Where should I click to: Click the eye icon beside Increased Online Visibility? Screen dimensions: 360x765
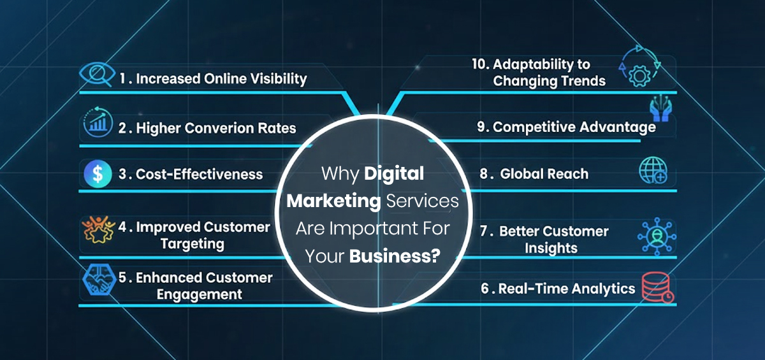pos(97,77)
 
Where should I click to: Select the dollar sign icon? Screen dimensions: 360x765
pos(98,174)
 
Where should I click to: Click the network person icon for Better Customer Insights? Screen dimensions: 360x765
pos(657,237)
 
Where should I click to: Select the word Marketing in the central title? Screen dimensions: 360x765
pos(333,201)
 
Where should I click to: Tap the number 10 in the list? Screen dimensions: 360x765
pos(481,64)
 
